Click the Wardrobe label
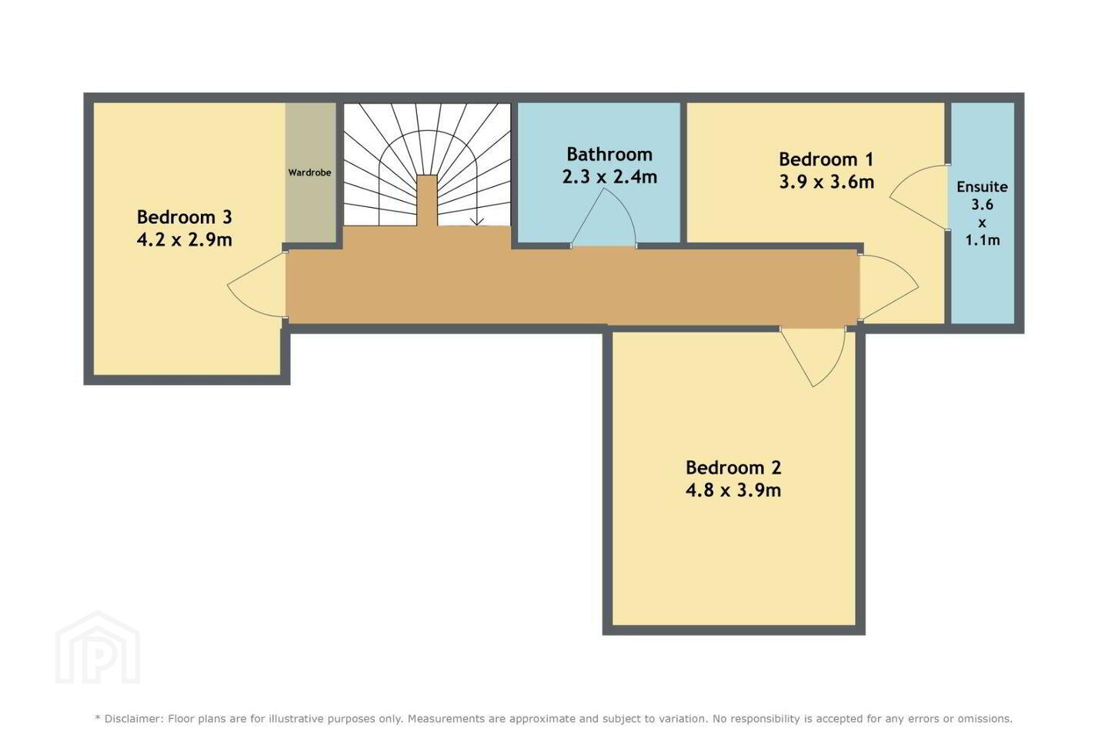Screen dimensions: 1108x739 tap(309, 172)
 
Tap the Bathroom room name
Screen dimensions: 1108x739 tap(609, 155)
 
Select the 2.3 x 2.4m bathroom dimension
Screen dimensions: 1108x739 tap(609, 177)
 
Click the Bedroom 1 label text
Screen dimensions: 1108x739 tap(826, 159)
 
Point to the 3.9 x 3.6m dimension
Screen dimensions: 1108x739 tap(826, 182)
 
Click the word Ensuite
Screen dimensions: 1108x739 tap(982, 187)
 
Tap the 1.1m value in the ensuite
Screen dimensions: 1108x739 tap(983, 240)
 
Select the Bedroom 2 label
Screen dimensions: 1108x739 tap(733, 467)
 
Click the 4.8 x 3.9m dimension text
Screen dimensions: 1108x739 tap(733, 490)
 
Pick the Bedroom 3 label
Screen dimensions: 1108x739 tap(184, 217)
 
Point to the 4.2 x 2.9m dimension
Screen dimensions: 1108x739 tap(184, 239)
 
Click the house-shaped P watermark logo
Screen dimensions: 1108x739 tap(98, 648)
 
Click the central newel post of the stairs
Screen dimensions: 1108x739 tap(427, 200)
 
